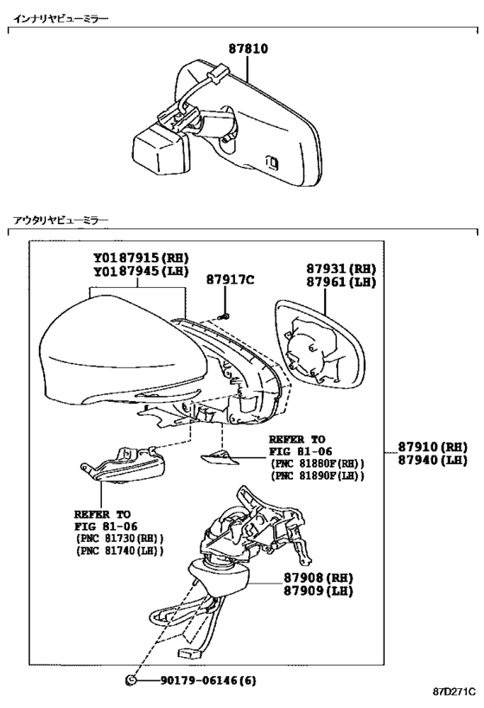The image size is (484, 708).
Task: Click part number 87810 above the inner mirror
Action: click(248, 48)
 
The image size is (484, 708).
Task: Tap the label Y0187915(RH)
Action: click(142, 258)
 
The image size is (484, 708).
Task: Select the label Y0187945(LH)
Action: click(142, 271)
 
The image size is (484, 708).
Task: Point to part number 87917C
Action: click(230, 279)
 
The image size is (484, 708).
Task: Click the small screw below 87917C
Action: click(224, 316)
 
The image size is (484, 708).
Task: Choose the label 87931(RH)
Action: click(341, 269)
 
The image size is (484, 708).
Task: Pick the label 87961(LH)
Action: click(341, 282)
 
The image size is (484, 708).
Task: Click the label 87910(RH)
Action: click(432, 447)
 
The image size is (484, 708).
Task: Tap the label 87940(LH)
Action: click(432, 460)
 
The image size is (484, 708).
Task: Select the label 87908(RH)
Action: click(318, 577)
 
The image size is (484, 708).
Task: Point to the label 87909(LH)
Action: click(318, 590)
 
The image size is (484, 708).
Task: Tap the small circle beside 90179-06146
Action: click(131, 680)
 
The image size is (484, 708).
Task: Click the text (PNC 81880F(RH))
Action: click(317, 463)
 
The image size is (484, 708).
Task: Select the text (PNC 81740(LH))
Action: click(120, 551)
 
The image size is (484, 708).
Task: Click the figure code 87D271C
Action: click(455, 692)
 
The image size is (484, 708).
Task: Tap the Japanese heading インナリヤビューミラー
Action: click(60, 18)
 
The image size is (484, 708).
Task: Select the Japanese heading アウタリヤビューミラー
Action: click(60, 220)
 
